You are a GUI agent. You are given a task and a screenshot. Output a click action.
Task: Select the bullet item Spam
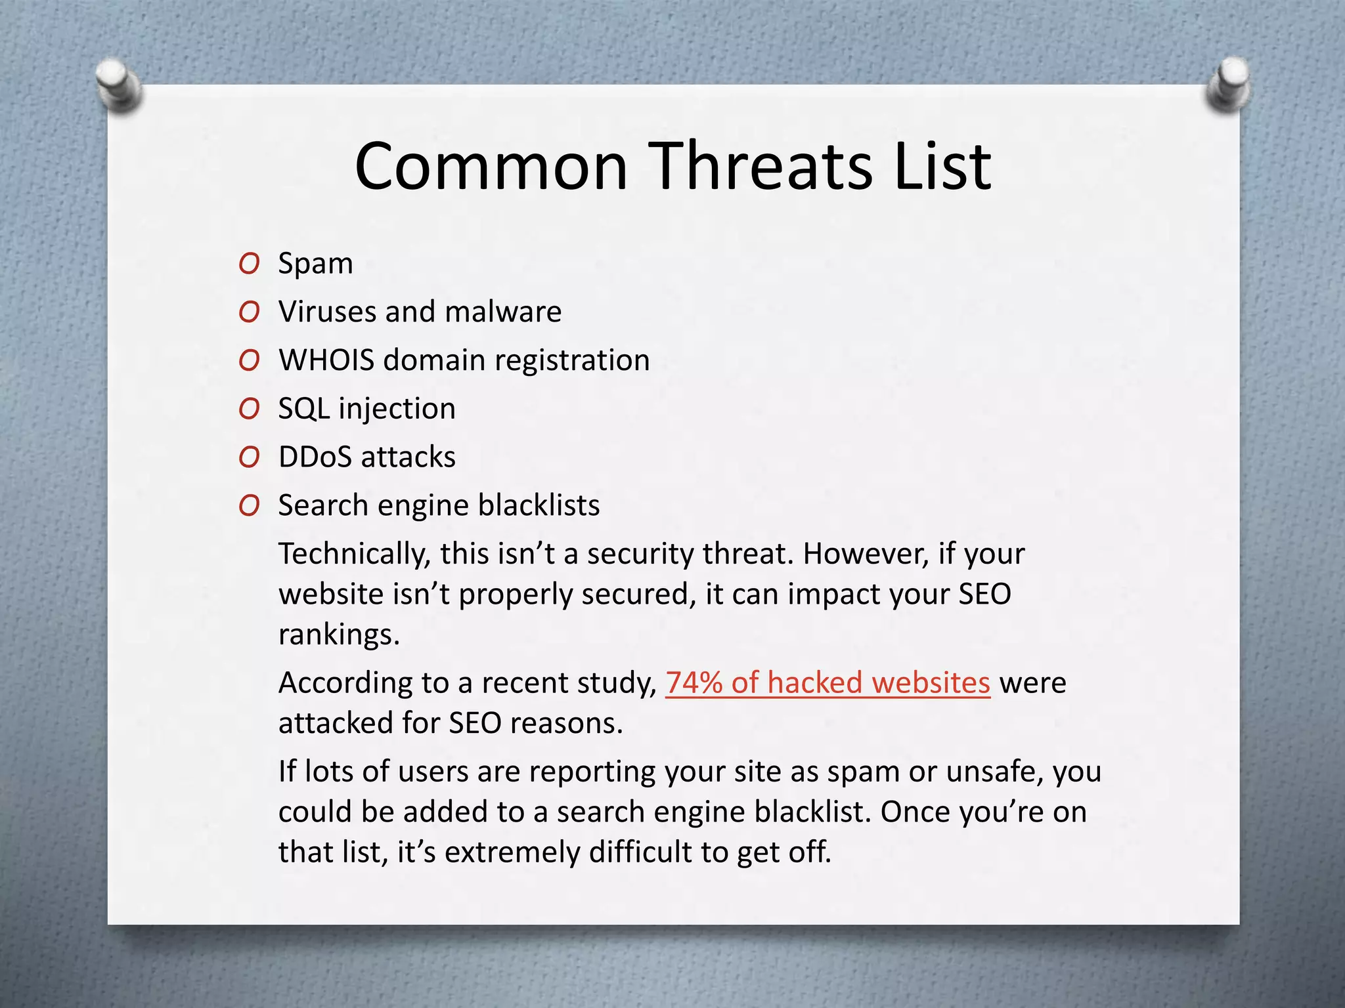coord(315,264)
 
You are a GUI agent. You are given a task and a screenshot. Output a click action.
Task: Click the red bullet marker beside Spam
coord(249,264)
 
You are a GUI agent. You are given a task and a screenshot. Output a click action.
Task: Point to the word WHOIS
coord(326,360)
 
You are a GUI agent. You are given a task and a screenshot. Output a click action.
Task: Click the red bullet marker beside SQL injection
coord(249,409)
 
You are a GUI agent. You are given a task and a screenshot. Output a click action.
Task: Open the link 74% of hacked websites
coord(827,682)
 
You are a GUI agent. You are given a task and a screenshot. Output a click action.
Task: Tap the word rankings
coord(339,635)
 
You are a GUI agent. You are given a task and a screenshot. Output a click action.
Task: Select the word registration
coord(571,361)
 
